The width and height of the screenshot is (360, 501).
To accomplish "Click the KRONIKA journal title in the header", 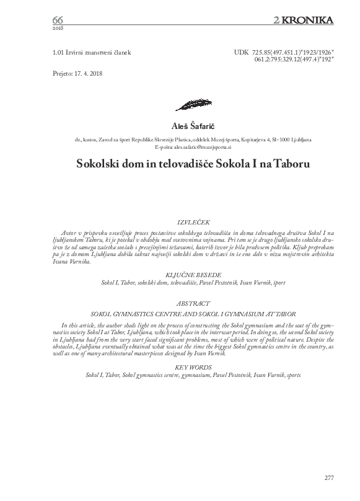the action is pyautogui.click(x=307, y=20).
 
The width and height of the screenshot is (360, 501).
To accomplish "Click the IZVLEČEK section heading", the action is pyautogui.click(x=194, y=221).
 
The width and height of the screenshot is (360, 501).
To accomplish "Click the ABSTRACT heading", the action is pyautogui.click(x=194, y=304).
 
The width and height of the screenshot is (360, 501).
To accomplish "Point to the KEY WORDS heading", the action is pyautogui.click(x=194, y=367).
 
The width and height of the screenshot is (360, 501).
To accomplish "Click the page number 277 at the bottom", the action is pyautogui.click(x=328, y=477).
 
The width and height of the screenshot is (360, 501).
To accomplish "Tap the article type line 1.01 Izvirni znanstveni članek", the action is pyautogui.click(x=92, y=53).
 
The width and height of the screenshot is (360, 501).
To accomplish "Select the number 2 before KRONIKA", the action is pyautogui.click(x=276, y=20).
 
